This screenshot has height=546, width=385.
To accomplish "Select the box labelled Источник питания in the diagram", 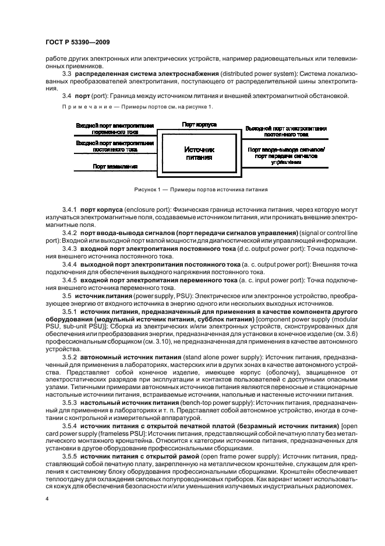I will (199, 153).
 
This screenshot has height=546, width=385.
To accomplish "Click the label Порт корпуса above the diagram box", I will (199, 125).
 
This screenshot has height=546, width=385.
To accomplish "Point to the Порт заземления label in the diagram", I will (115, 166).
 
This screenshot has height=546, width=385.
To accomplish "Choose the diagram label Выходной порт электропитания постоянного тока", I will (285, 131).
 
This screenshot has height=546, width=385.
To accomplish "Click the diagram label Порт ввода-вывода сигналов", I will (285, 153).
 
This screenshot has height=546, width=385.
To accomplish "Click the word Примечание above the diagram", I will (82, 107).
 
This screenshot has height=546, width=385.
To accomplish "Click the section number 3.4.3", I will (69, 248).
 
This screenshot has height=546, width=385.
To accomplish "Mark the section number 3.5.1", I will (69, 312).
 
